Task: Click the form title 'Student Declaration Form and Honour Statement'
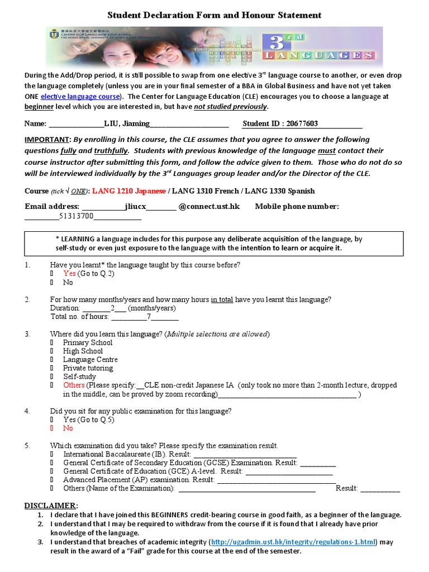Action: point(214,15)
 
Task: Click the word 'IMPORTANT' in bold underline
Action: point(47,140)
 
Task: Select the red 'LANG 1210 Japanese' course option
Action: point(128,191)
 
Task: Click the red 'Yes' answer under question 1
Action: point(69,274)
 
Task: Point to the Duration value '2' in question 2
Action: point(112,308)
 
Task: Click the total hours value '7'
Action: point(149,317)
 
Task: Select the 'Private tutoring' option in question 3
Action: point(88,368)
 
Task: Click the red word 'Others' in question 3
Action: point(74,385)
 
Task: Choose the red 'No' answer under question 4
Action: point(68,428)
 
